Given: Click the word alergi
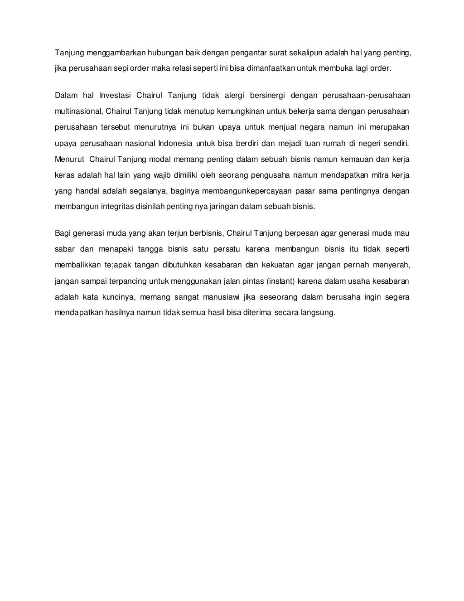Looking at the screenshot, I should coord(234,95).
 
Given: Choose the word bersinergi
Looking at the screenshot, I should coord(267,95).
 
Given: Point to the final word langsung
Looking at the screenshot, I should coord(317,313).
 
